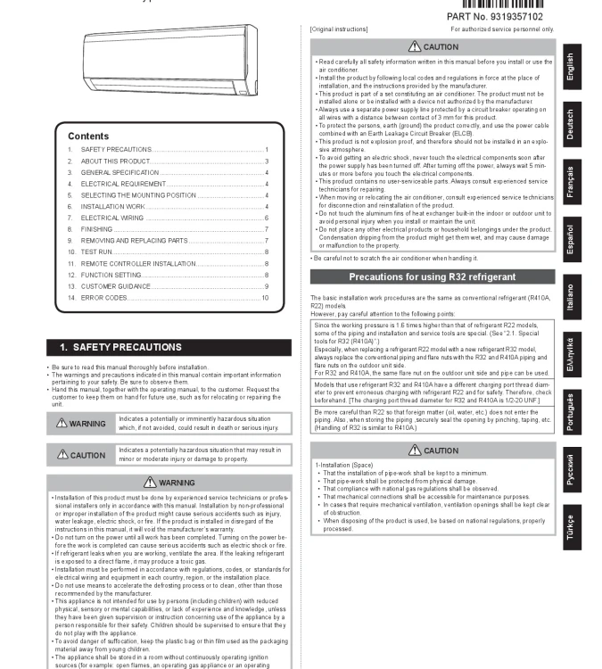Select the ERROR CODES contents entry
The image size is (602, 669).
103,297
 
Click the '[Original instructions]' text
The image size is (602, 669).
338,29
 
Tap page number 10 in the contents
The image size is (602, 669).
265,297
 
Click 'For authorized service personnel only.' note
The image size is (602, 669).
502,29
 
